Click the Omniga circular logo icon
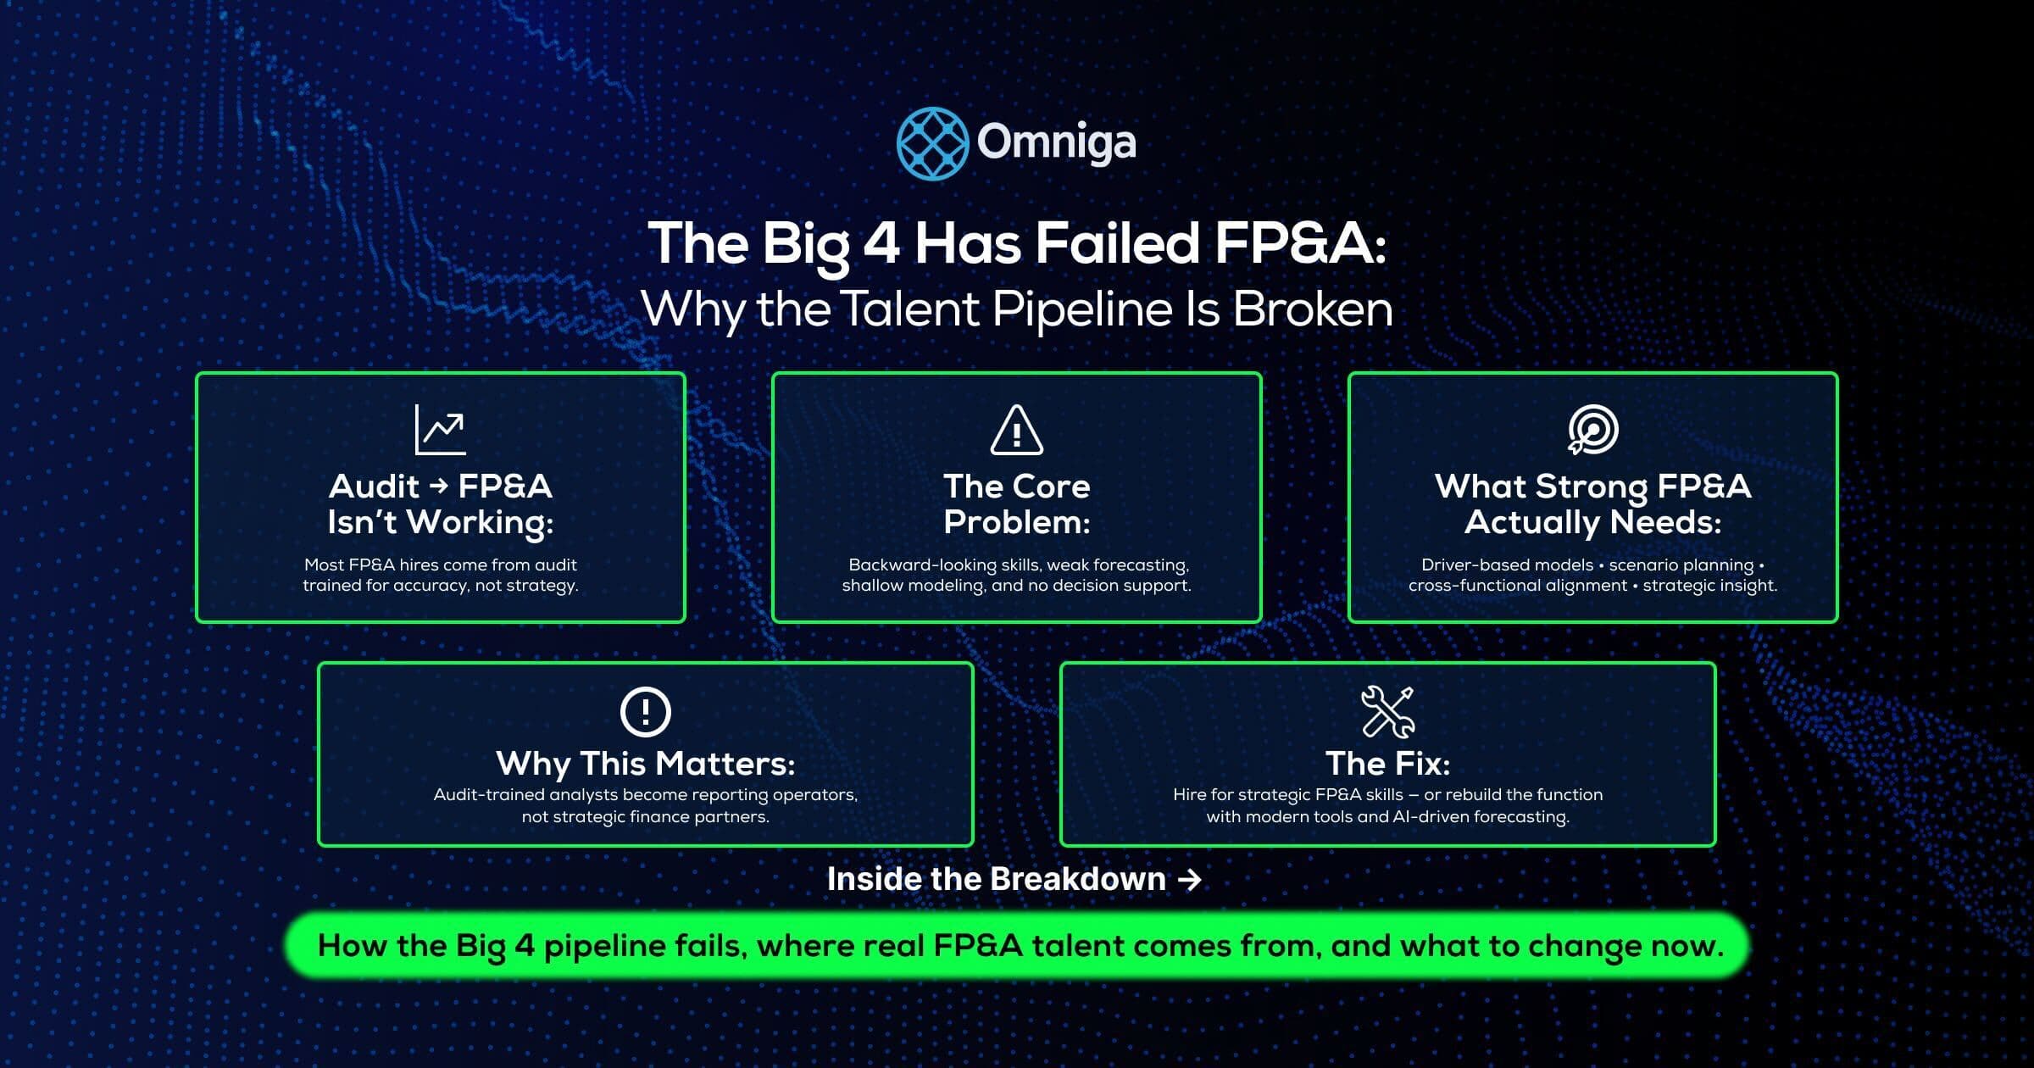[932, 143]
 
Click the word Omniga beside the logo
[1056, 142]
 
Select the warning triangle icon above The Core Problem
[1016, 430]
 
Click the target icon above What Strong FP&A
[1592, 429]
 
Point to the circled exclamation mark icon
[645, 711]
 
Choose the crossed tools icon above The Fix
[1387, 711]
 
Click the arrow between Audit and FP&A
[438, 486]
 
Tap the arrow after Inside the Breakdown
[1190, 880]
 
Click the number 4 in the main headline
[881, 243]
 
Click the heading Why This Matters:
[645, 763]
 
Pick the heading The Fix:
[1387, 763]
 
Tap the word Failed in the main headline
[1117, 243]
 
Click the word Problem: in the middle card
[1016, 522]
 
